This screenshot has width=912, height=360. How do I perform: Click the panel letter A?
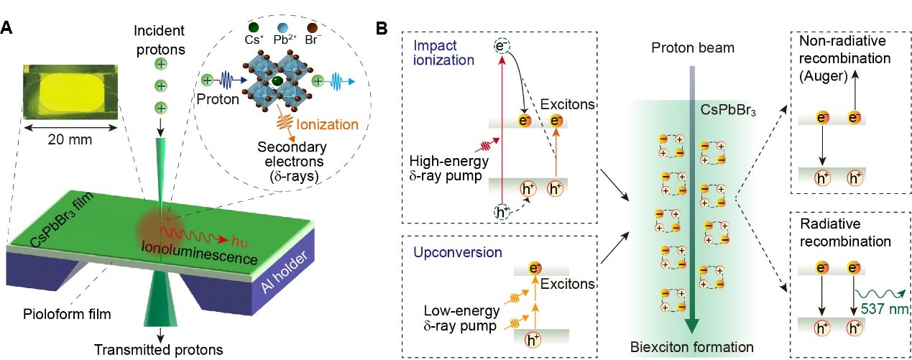click(6, 28)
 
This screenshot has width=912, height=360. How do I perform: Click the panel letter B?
click(382, 28)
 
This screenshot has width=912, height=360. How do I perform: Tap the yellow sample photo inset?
click(70, 92)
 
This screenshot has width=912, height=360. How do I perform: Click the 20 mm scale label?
click(70, 139)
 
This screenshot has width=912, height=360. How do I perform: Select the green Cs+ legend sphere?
click(254, 28)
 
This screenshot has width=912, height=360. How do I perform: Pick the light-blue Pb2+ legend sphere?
click(282, 28)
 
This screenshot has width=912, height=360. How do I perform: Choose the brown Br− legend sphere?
click(312, 28)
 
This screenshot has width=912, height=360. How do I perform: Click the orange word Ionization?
click(327, 124)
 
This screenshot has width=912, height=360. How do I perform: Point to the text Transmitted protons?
click(159, 350)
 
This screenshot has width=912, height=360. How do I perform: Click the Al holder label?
click(284, 272)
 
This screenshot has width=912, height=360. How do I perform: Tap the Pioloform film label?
click(67, 314)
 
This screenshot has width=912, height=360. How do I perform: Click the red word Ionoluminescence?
click(200, 252)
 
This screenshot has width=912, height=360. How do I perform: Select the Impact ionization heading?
click(444, 52)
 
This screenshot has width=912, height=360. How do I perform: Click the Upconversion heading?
click(458, 252)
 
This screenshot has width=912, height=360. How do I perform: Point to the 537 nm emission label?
click(884, 309)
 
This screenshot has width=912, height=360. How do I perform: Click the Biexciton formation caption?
click(692, 347)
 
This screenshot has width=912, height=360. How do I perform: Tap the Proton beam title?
click(693, 47)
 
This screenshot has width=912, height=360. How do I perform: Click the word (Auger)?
click(823, 76)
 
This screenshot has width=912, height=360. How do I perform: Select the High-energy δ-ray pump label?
click(448, 169)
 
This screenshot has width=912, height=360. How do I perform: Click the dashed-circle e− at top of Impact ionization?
click(502, 46)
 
